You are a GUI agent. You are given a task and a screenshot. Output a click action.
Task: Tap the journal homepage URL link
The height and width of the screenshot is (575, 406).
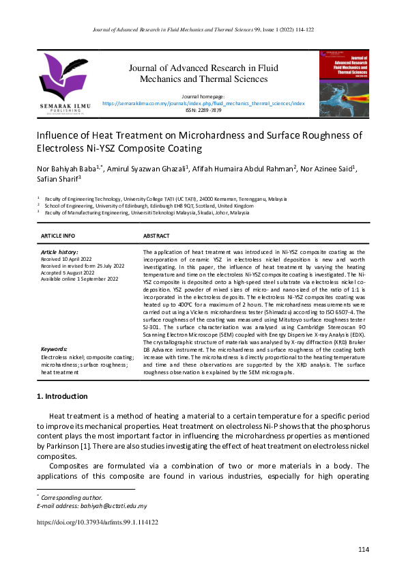(x=203, y=103)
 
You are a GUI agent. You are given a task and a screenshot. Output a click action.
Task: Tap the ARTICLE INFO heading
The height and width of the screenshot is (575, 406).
(x=58, y=236)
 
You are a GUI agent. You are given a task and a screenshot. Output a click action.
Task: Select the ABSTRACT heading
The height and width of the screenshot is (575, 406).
(x=156, y=236)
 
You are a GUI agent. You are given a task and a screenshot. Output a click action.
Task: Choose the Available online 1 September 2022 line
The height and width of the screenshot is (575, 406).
(x=79, y=279)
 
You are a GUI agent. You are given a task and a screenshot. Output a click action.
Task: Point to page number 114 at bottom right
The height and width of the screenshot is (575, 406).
(x=363, y=550)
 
